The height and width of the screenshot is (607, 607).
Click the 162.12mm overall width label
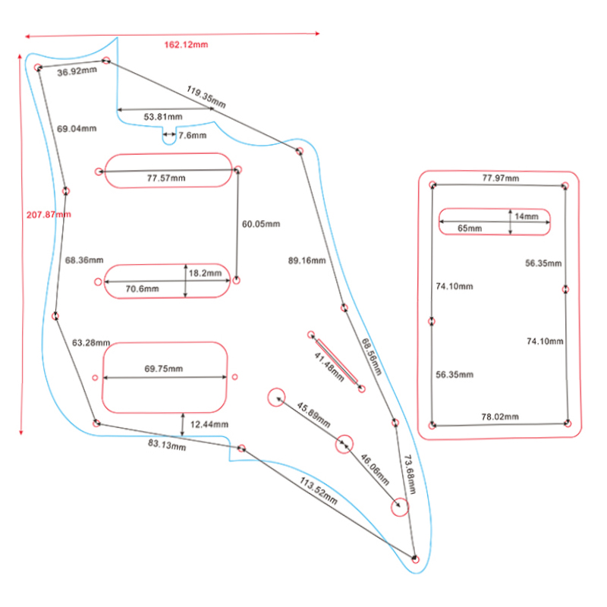pos(186,44)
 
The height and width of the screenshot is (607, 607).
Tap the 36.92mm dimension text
pos(77,71)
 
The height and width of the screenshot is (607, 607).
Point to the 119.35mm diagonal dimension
pos(206,97)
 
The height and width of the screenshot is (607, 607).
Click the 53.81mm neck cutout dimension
pos(163,117)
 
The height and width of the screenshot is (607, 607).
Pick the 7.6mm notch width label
pos(192,135)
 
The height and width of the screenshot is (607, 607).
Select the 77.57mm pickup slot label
pos(165,178)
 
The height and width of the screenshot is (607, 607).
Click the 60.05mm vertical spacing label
pos(261,225)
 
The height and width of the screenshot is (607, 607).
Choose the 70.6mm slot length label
pos(142,289)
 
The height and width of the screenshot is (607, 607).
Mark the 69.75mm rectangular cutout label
pos(163,369)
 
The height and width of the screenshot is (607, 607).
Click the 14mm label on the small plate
pos(526,217)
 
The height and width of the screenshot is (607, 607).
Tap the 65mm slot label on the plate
pos(470,228)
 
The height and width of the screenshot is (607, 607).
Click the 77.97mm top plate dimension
pos(501,178)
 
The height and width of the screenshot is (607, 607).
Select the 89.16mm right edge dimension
pos(307,261)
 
